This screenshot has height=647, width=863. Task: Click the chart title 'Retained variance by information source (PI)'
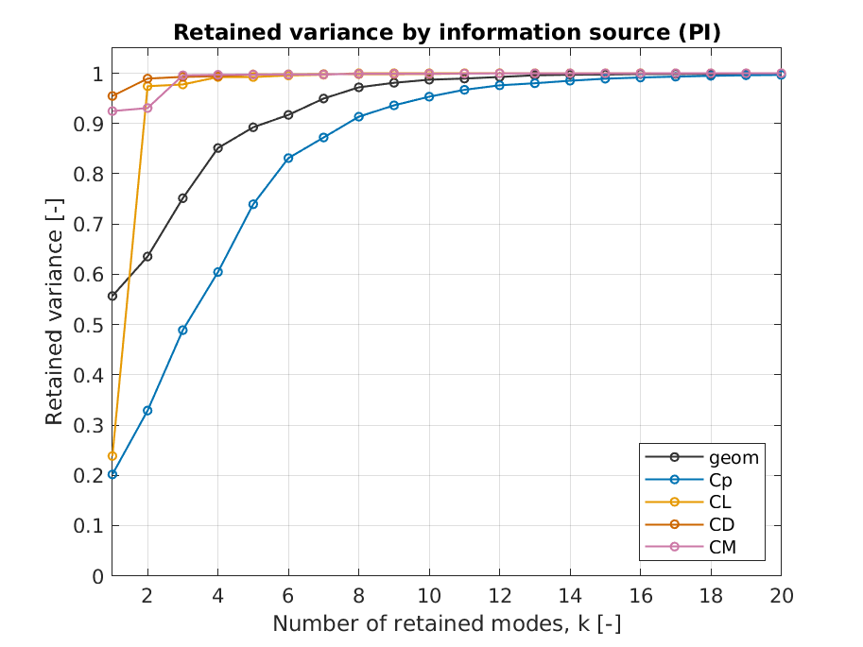(x=446, y=33)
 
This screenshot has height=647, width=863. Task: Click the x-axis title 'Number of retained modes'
(x=446, y=624)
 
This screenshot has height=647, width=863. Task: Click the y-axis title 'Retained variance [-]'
(x=55, y=312)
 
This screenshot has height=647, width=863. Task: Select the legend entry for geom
(x=734, y=458)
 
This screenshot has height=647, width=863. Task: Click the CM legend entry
(x=722, y=545)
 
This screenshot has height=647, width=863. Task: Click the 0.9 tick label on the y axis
(x=91, y=124)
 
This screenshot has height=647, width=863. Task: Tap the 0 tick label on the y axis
(x=98, y=576)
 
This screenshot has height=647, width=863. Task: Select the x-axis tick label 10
(x=429, y=597)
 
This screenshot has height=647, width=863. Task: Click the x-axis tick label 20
(x=781, y=597)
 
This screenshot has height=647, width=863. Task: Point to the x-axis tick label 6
(x=288, y=597)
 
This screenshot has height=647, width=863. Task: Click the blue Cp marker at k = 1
(x=112, y=474)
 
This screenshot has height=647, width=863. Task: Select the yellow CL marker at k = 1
(x=112, y=456)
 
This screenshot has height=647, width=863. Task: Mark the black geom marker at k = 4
(x=218, y=148)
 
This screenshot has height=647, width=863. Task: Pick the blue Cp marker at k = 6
(x=288, y=158)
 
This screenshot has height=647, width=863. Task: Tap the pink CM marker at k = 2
(x=147, y=108)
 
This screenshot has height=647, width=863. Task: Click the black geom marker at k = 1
(x=112, y=296)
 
